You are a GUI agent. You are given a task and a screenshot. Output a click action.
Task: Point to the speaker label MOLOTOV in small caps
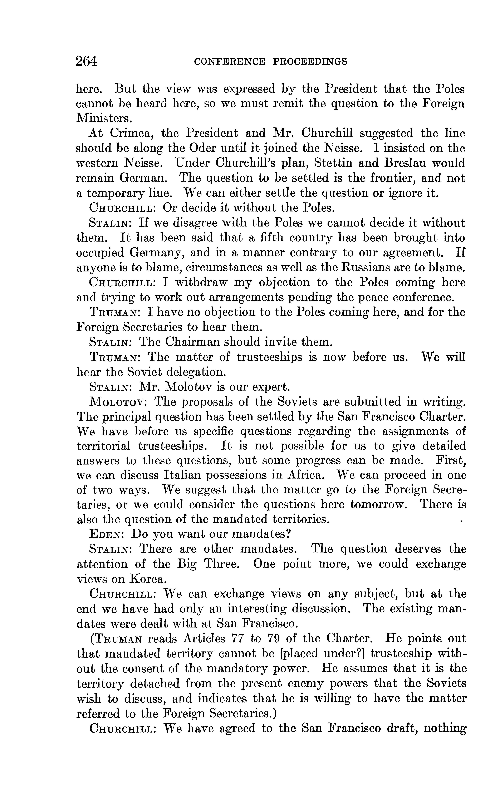pyautogui.click(x=118, y=402)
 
